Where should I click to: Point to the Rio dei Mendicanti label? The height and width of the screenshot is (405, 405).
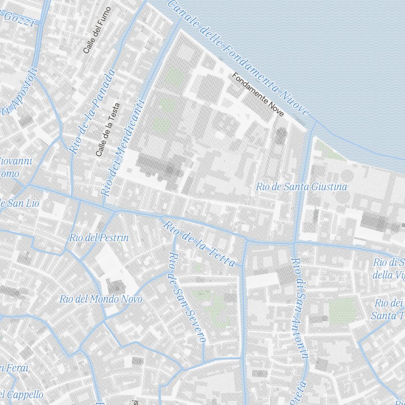point(123,148)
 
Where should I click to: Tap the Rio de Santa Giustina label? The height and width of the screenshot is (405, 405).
point(301,187)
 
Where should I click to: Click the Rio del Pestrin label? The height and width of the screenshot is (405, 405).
point(99,238)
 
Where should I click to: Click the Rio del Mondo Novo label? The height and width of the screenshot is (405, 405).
point(101,299)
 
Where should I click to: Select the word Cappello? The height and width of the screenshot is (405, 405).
point(23,394)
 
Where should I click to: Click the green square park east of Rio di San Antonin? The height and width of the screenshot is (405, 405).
point(343,311)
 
